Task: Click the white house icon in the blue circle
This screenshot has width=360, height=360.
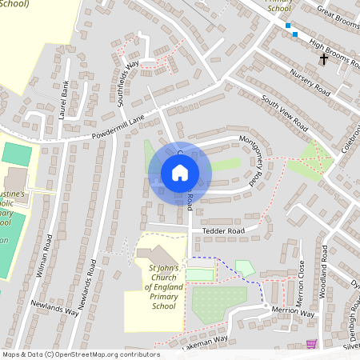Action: click(179, 173)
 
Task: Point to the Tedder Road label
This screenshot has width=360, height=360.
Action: click(223, 230)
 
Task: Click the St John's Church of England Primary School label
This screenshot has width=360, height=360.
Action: click(163, 286)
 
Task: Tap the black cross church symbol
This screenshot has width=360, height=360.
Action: click(324, 59)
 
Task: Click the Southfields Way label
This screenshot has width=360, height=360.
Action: click(130, 77)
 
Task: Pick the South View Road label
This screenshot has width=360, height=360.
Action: click(286, 114)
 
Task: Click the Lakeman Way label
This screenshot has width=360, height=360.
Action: click(205, 343)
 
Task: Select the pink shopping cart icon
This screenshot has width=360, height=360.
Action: click(311, 344)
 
